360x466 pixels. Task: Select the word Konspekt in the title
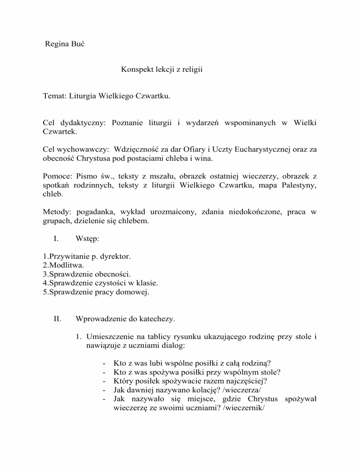[136, 70]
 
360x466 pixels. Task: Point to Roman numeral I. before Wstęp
[56, 238]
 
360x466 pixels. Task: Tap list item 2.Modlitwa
[63, 265]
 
